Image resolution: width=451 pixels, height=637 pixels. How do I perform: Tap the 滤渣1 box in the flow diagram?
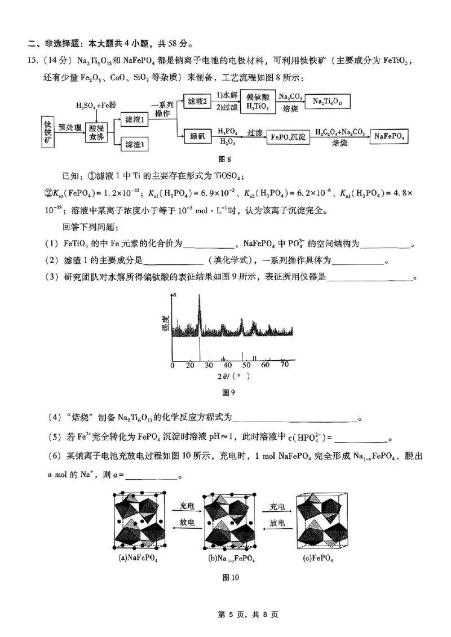[x=134, y=145]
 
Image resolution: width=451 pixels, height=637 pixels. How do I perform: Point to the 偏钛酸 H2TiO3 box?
[x=258, y=100]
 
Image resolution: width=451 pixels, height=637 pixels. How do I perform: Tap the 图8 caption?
[x=225, y=160]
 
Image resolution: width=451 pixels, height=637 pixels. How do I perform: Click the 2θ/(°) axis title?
[x=231, y=376]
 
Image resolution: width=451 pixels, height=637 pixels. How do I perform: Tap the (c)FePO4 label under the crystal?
[x=319, y=559]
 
